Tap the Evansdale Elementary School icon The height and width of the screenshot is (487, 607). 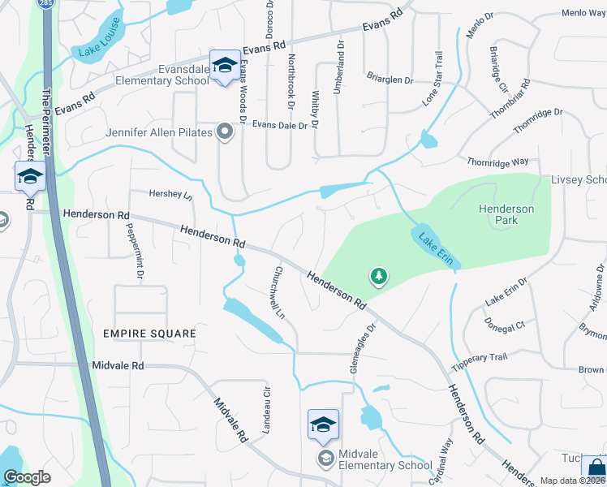(223, 65)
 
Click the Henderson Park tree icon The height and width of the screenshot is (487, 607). (378, 278)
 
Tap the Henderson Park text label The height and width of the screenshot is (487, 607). (506, 214)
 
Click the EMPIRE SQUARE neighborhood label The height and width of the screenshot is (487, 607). (149, 334)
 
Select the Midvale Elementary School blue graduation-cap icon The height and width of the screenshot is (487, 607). (322, 424)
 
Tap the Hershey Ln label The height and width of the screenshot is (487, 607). (171, 195)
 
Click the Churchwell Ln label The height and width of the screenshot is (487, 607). (280, 291)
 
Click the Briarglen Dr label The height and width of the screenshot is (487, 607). (389, 80)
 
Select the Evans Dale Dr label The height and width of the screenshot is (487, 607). (280, 125)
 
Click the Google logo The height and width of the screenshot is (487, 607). (27, 478)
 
